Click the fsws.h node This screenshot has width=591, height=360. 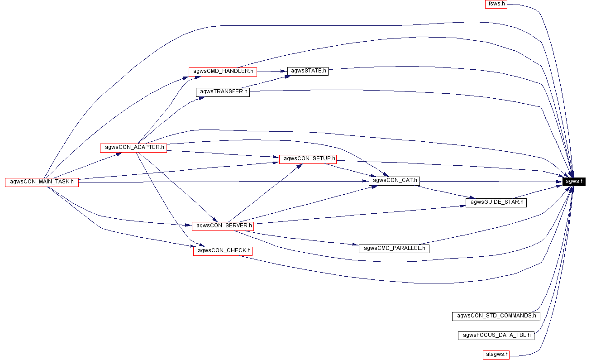pyautogui.click(x=495, y=4)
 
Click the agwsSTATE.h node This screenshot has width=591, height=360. pyautogui.click(x=308, y=71)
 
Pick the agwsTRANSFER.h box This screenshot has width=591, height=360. pyautogui.click(x=223, y=91)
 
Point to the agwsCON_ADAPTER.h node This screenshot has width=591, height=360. pyautogui.click(x=133, y=147)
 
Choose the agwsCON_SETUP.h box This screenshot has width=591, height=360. pyautogui.click(x=308, y=158)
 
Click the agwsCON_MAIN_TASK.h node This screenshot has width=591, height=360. pyautogui.click(x=42, y=182)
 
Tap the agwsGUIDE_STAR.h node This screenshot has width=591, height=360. pyautogui.click(x=496, y=202)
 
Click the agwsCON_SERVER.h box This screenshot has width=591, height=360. pyautogui.click(x=223, y=226)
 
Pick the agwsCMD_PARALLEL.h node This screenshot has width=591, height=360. pyautogui.click(x=394, y=248)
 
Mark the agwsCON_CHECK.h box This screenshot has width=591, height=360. pyautogui.click(x=223, y=251)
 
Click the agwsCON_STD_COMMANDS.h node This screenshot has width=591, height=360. pyautogui.click(x=496, y=316)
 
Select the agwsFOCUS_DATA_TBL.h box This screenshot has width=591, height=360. pyautogui.click(x=496, y=336)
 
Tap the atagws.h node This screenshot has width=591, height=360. pyautogui.click(x=496, y=354)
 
